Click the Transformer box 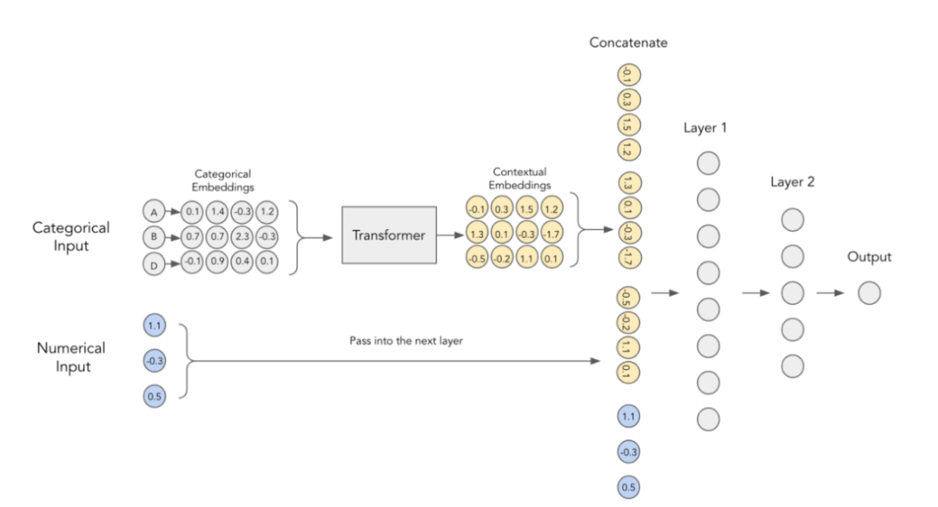click(x=388, y=235)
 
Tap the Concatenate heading click(x=628, y=43)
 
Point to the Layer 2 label click(x=792, y=182)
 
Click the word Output click(x=869, y=257)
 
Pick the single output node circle click(x=869, y=293)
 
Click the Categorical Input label click(x=71, y=235)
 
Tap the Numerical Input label click(x=71, y=356)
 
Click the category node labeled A click(x=154, y=212)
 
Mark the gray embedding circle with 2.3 click(x=242, y=235)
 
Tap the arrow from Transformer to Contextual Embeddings click(x=448, y=235)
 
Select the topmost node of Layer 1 click(x=709, y=162)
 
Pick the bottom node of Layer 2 click(x=792, y=366)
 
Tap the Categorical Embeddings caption click(x=223, y=180)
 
